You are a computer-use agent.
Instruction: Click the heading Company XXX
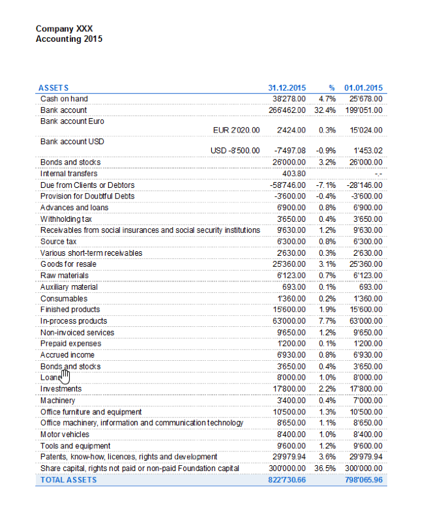(x=64, y=29)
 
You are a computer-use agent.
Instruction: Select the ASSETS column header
(x=53, y=88)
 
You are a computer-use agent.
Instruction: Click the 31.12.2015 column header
(x=287, y=88)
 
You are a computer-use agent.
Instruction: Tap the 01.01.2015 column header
(x=364, y=88)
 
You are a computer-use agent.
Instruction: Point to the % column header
(x=332, y=88)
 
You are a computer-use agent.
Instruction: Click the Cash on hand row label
(x=64, y=99)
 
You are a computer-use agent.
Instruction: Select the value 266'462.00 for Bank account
(x=287, y=110)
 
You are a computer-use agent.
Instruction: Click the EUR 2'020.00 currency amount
(x=237, y=130)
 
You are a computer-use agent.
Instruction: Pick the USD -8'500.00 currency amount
(x=235, y=151)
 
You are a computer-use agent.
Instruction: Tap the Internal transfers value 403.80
(x=294, y=174)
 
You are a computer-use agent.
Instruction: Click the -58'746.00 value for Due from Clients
(x=287, y=185)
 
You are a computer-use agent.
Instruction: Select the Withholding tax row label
(x=66, y=219)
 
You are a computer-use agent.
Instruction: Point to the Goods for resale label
(x=68, y=264)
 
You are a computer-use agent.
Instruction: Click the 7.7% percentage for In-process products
(x=327, y=321)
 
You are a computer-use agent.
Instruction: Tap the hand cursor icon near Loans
(x=65, y=377)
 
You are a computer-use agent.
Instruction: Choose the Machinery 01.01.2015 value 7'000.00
(x=368, y=401)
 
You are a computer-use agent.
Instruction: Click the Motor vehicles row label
(x=65, y=435)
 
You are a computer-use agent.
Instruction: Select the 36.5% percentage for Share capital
(x=325, y=468)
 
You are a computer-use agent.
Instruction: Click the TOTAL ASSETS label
(x=68, y=480)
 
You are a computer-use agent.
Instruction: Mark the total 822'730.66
(x=287, y=480)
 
